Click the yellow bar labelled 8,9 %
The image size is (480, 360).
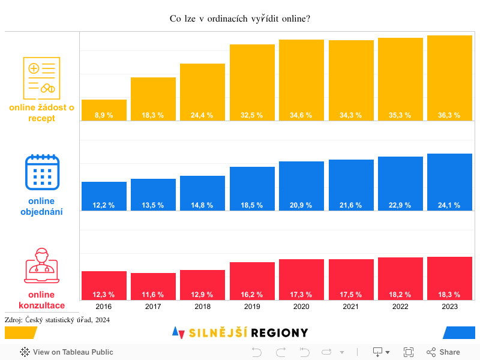point(104,110)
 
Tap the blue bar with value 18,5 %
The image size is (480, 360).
point(252,188)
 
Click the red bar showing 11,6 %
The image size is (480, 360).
point(153,286)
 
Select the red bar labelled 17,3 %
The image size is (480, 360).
point(301,280)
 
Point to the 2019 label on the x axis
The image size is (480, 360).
point(252,306)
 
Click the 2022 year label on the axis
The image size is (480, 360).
point(400,306)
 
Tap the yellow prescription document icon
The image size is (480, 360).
point(41,78)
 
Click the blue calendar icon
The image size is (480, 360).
point(41,172)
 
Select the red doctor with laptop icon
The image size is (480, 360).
point(41,265)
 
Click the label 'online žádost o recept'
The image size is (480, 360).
point(41,113)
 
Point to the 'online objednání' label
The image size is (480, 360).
point(41,206)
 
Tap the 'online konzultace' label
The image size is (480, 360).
point(41,299)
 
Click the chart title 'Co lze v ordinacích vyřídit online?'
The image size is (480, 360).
point(239,19)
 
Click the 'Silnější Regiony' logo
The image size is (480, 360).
point(240,332)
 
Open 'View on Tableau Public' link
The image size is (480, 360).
point(67,352)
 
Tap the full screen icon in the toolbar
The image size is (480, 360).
point(409,352)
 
